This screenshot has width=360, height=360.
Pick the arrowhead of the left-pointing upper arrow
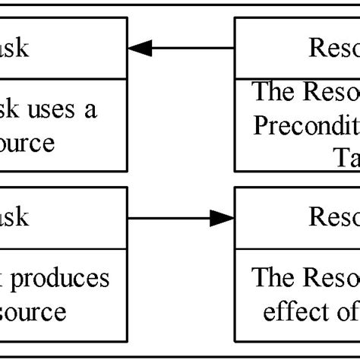140,49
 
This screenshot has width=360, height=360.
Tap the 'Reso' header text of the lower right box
333,218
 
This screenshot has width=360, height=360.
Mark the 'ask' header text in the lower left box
15,217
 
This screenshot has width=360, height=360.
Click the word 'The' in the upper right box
268,92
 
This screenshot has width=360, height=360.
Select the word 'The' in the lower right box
268,278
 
